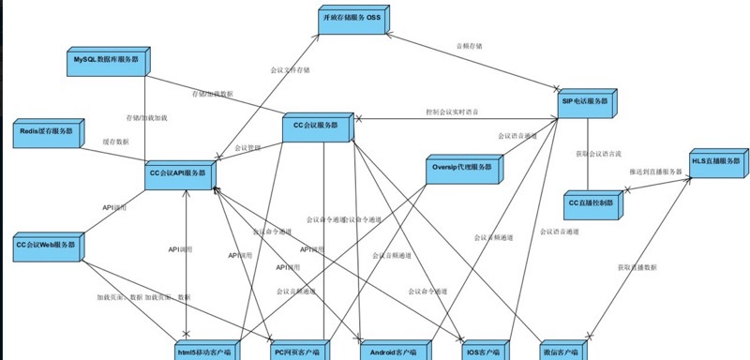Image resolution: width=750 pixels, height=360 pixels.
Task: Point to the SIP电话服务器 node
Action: pos(583,103)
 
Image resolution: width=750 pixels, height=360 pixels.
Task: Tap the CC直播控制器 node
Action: pos(591,204)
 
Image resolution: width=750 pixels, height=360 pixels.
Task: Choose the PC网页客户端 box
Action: pos(299,352)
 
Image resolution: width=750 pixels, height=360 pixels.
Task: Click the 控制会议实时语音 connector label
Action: pos(451,112)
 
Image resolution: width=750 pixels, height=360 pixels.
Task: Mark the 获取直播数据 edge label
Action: pos(637,267)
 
